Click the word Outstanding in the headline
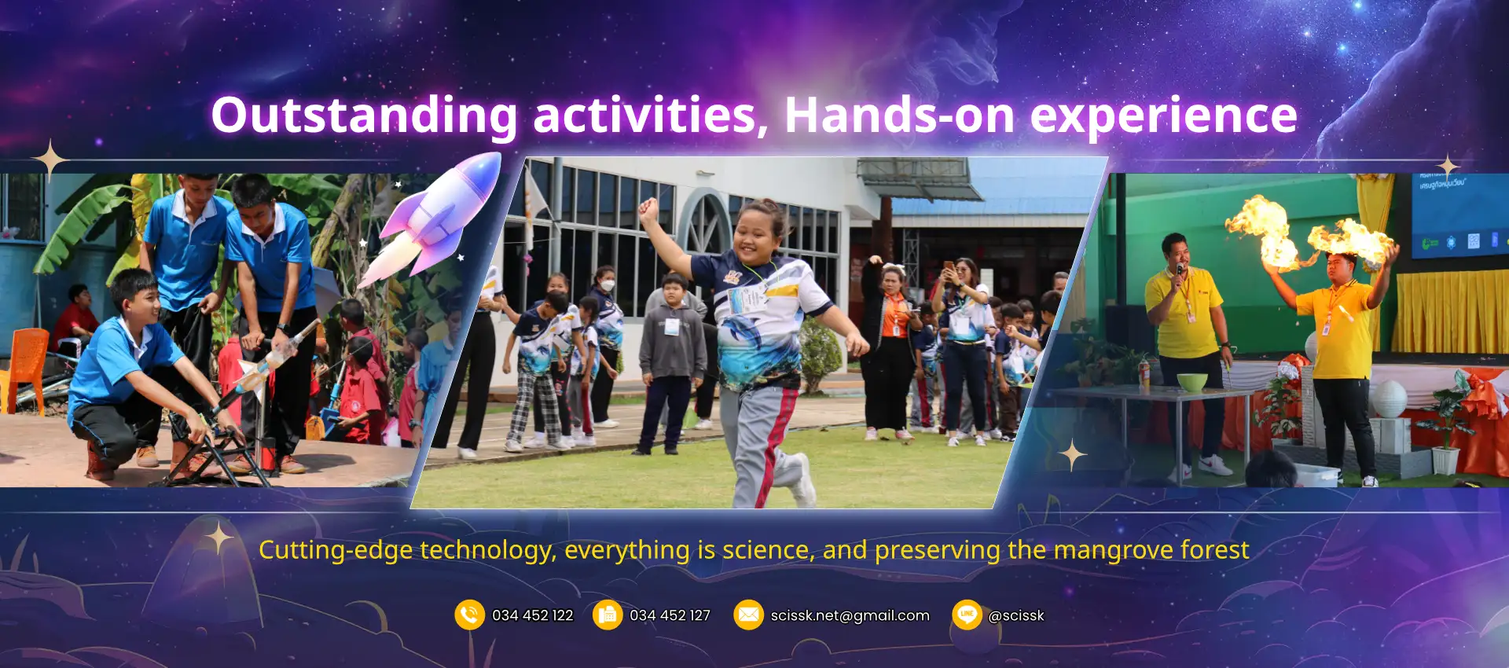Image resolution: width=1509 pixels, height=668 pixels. point(364,116)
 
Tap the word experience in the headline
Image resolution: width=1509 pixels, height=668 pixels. point(1163,116)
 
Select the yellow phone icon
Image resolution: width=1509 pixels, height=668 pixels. point(469,615)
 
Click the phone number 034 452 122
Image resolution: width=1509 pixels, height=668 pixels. point(533,615)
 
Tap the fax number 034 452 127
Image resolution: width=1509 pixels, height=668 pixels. point(670,615)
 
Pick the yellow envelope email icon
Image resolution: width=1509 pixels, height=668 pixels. point(748,615)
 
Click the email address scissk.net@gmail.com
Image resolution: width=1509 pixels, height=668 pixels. point(850,615)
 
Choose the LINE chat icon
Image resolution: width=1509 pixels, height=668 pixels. point(967,615)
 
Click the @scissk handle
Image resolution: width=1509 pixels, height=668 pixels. point(1016,615)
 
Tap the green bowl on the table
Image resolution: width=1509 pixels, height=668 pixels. point(1192,382)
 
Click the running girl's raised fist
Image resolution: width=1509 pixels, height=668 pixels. point(648,209)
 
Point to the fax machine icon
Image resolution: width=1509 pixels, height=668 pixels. point(608,615)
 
